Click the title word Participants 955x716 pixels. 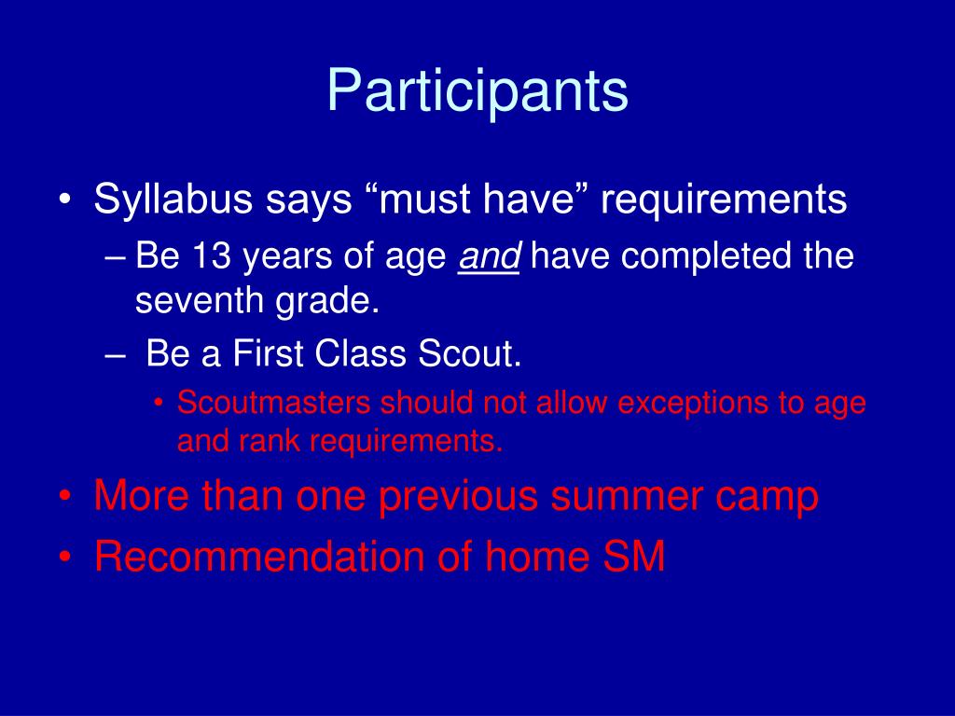(x=477, y=91)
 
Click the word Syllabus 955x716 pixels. (x=173, y=200)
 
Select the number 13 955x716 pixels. (x=212, y=255)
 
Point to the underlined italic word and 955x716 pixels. (x=489, y=255)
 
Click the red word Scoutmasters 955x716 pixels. (x=273, y=403)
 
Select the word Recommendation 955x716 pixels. (x=259, y=556)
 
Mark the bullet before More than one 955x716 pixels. (x=65, y=497)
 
